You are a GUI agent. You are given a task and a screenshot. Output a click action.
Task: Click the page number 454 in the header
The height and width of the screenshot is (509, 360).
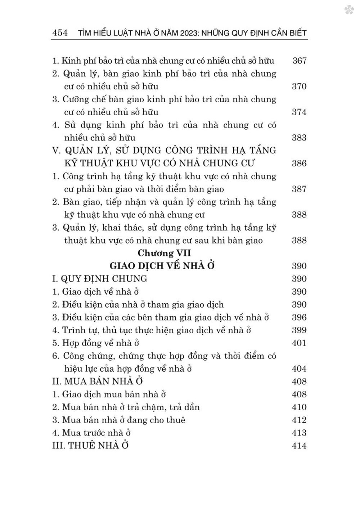[x=60, y=33]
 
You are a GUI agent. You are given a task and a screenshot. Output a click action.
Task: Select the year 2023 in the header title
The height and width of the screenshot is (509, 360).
[x=194, y=33]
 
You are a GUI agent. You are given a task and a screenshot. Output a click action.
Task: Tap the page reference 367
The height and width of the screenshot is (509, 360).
[x=299, y=61]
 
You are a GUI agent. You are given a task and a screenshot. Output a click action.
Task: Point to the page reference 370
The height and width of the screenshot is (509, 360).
[x=299, y=86]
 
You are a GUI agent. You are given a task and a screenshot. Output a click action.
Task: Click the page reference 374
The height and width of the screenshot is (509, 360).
[x=299, y=112]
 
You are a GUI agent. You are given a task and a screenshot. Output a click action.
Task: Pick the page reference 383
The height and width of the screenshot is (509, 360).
[x=299, y=138]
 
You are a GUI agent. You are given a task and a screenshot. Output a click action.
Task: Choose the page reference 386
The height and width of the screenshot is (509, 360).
[x=299, y=164]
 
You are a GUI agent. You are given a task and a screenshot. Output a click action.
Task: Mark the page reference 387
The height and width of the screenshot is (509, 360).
[x=299, y=189]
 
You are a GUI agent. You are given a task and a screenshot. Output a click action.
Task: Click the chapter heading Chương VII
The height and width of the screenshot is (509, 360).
[x=164, y=253]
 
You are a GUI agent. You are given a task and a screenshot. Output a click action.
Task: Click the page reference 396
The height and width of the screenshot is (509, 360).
[x=299, y=317]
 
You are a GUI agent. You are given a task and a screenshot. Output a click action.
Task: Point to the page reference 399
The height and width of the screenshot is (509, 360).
[x=299, y=330]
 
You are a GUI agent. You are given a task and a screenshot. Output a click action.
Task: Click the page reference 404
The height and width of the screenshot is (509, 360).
[x=299, y=369]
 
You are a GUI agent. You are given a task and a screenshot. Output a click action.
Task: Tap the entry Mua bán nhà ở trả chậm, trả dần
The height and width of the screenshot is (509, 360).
[x=126, y=407]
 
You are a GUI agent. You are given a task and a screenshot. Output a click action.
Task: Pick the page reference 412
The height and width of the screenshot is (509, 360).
[x=299, y=420]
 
